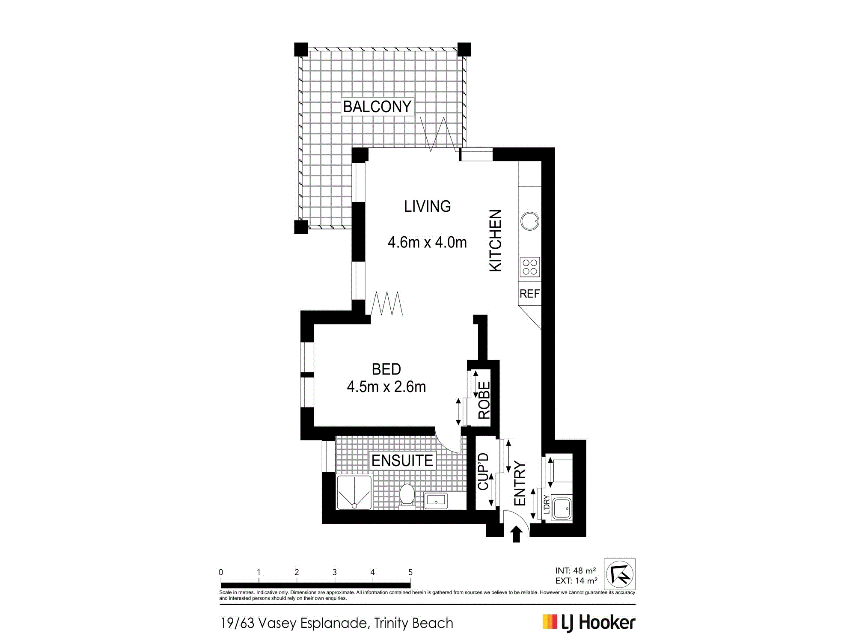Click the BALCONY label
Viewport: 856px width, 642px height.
tap(377, 107)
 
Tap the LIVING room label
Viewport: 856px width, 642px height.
tap(427, 206)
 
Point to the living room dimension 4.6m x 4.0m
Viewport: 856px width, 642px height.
tap(427, 242)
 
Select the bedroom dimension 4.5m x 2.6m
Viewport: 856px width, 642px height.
tap(386, 387)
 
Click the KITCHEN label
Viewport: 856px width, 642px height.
tap(495, 240)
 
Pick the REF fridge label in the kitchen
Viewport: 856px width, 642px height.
tap(529, 294)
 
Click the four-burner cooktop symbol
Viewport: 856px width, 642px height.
tap(530, 267)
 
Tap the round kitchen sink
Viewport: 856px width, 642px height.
tap(530, 221)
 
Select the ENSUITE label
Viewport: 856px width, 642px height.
tap(402, 461)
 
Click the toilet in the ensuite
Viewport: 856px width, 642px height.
tap(407, 496)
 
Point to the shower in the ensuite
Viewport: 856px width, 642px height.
tap(354, 492)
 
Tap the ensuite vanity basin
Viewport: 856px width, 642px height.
tap(436, 500)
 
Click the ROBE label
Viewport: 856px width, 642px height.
tap(484, 401)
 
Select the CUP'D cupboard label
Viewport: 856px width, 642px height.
tap(483, 472)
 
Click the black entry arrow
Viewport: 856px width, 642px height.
tap(517, 534)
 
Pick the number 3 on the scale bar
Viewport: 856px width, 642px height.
tap(334, 572)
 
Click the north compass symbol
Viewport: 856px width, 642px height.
tap(620, 574)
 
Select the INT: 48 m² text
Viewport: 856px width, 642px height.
tap(575, 571)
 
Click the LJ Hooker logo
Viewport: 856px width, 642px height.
tap(589, 623)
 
